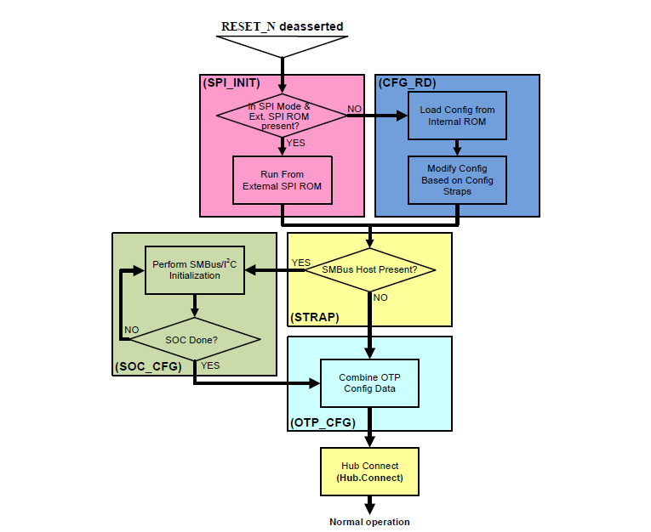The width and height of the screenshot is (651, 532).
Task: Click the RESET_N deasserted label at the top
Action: (x=282, y=26)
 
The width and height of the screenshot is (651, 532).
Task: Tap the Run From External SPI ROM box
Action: (x=281, y=179)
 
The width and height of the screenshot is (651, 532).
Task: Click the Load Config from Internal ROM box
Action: (x=457, y=116)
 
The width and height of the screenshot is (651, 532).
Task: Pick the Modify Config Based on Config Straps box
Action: (x=457, y=179)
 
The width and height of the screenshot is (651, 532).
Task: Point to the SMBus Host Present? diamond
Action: (x=369, y=270)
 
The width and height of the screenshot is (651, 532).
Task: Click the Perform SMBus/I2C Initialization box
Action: (x=195, y=270)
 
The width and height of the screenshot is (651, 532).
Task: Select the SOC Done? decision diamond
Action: (x=195, y=339)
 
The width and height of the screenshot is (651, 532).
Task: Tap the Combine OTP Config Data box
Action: (x=370, y=383)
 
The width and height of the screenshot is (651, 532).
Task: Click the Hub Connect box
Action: (x=369, y=472)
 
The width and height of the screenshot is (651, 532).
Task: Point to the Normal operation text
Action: (x=369, y=522)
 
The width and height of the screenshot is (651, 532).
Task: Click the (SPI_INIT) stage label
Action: (x=231, y=83)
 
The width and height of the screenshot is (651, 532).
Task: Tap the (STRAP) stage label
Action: (x=315, y=317)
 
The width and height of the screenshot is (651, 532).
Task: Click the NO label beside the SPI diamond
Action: (x=354, y=110)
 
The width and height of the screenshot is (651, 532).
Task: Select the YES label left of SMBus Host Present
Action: (x=300, y=263)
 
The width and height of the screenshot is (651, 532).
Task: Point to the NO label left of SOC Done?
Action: (x=132, y=329)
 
